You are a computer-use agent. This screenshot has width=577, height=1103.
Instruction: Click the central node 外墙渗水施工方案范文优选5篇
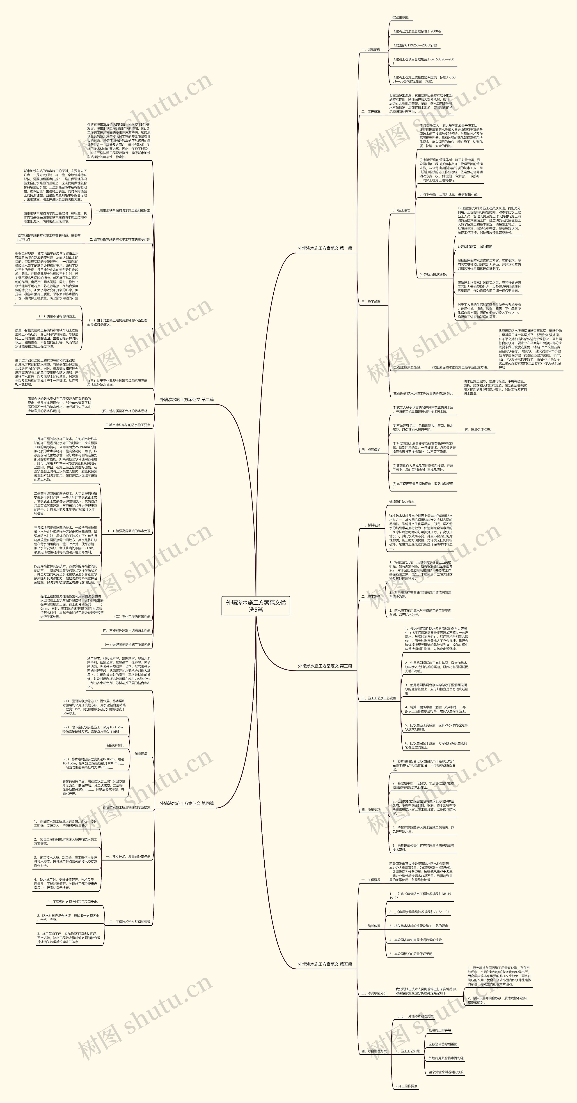tap(256, 606)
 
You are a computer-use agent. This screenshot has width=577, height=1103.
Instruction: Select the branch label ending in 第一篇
tap(325, 248)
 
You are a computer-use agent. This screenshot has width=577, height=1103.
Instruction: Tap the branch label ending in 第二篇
tap(187, 399)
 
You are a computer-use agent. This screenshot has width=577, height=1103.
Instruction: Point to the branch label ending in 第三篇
tap(325, 666)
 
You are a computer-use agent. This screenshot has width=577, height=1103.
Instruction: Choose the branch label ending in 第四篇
tap(187, 803)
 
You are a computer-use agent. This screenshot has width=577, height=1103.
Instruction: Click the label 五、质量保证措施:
tap(478, 429)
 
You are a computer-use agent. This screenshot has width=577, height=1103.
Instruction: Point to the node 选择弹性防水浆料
tap(401, 502)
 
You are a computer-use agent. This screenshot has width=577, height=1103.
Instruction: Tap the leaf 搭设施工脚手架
tap(440, 1030)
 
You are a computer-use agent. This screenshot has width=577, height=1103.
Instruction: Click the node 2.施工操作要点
tap(406, 1086)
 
